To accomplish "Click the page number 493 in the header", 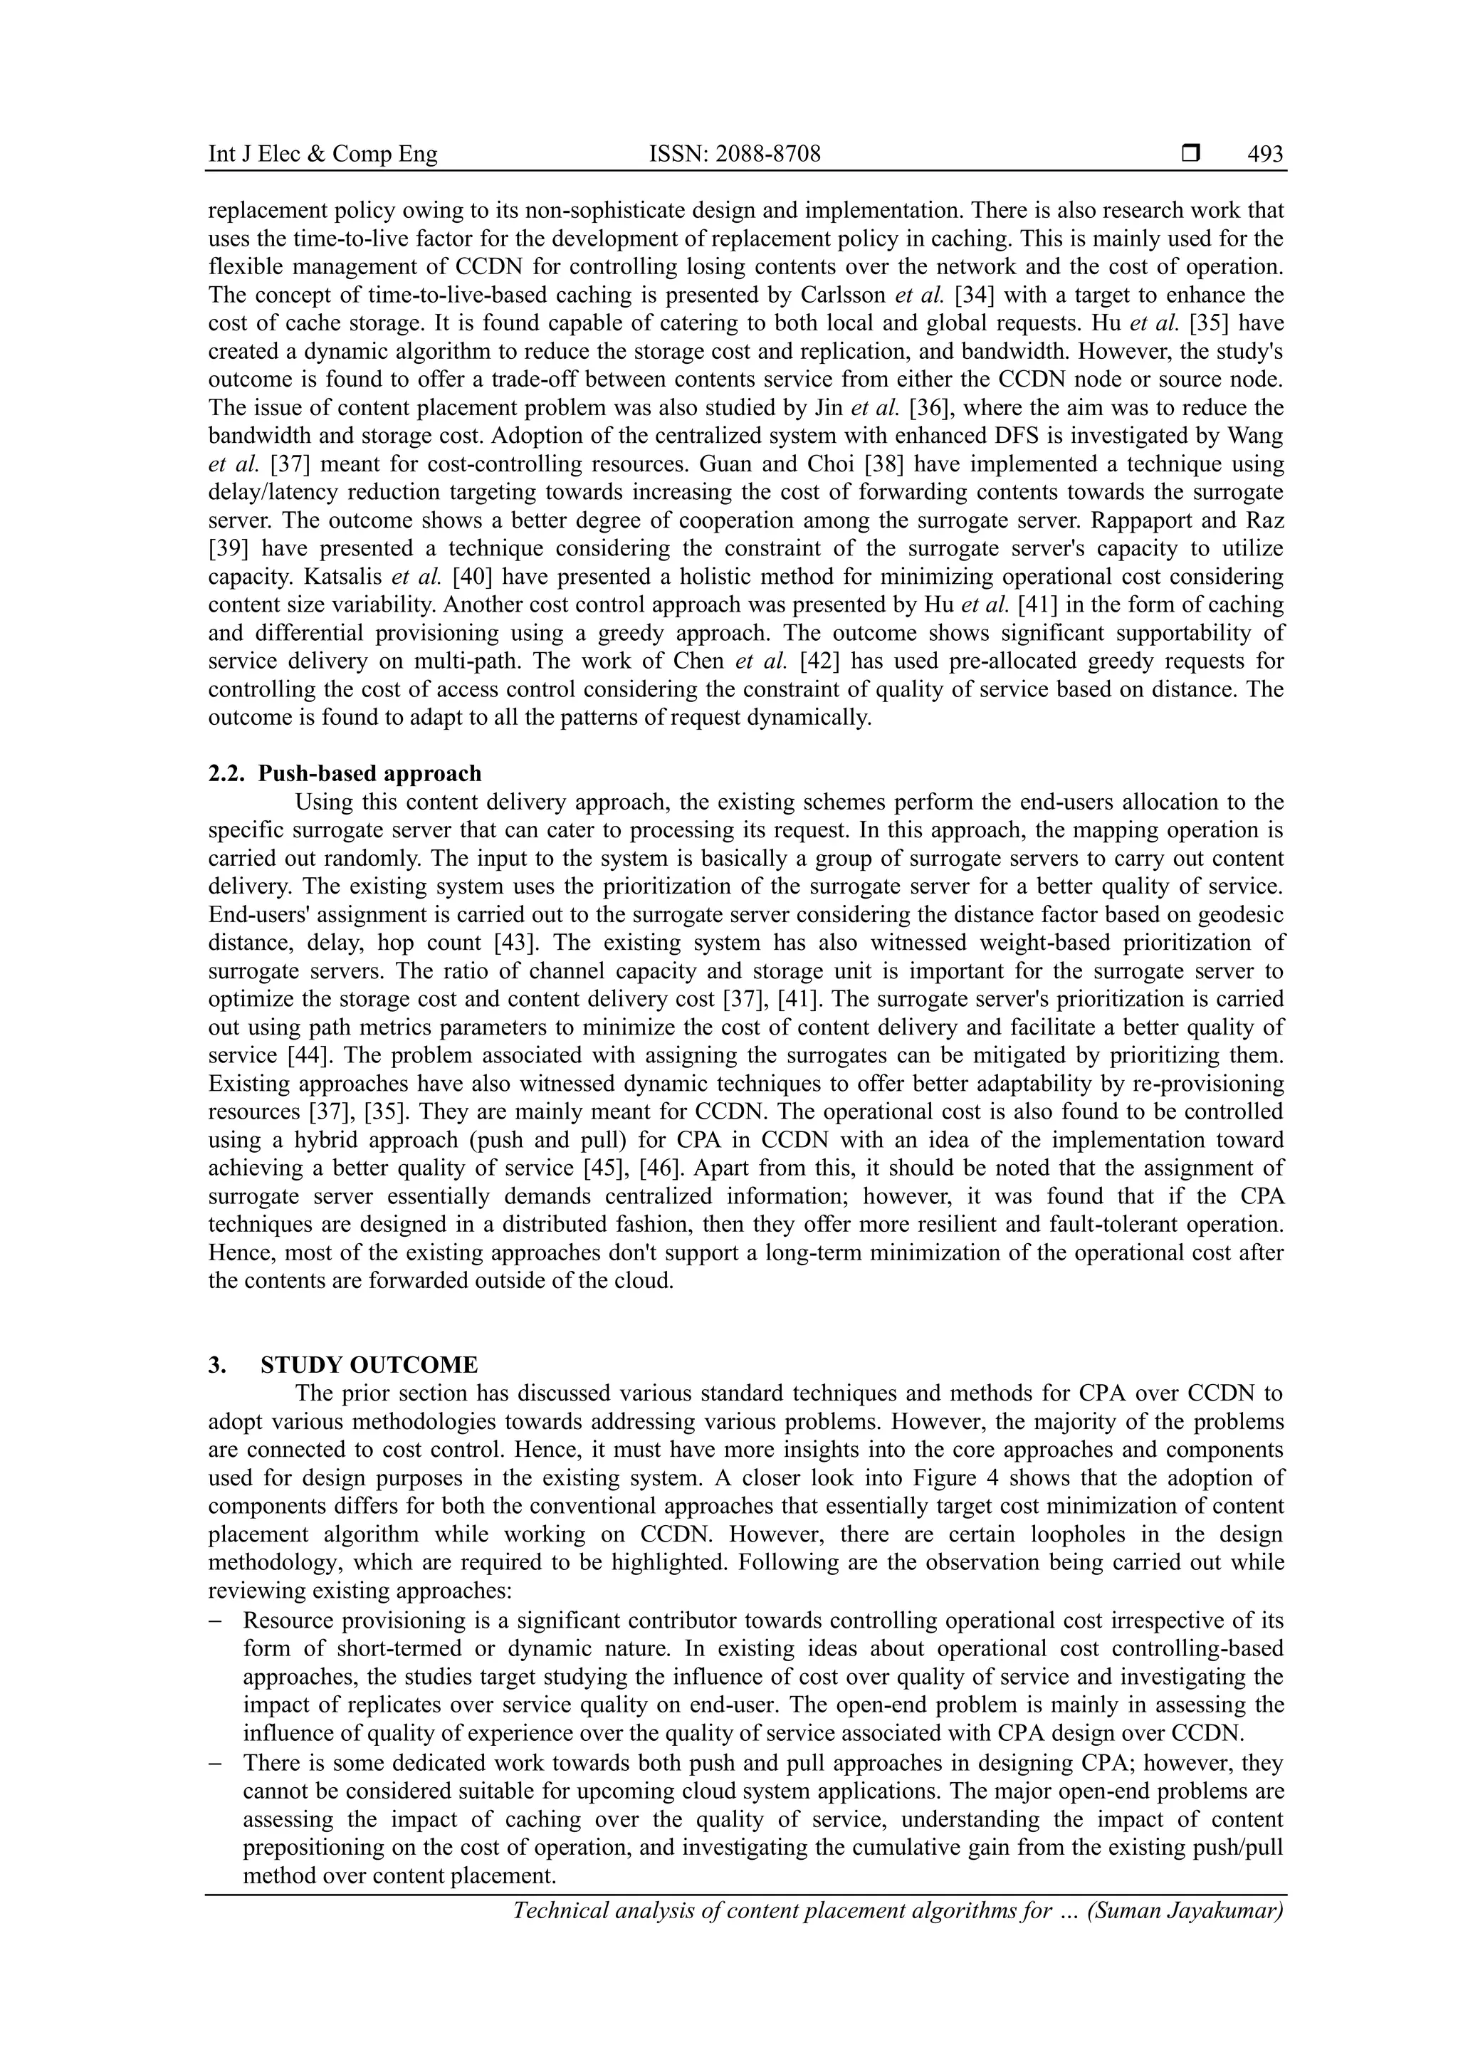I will tap(1265, 155).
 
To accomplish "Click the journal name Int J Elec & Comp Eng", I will tap(322, 155).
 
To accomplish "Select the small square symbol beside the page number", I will tap(1190, 155).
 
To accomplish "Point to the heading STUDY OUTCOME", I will tap(369, 1365).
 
